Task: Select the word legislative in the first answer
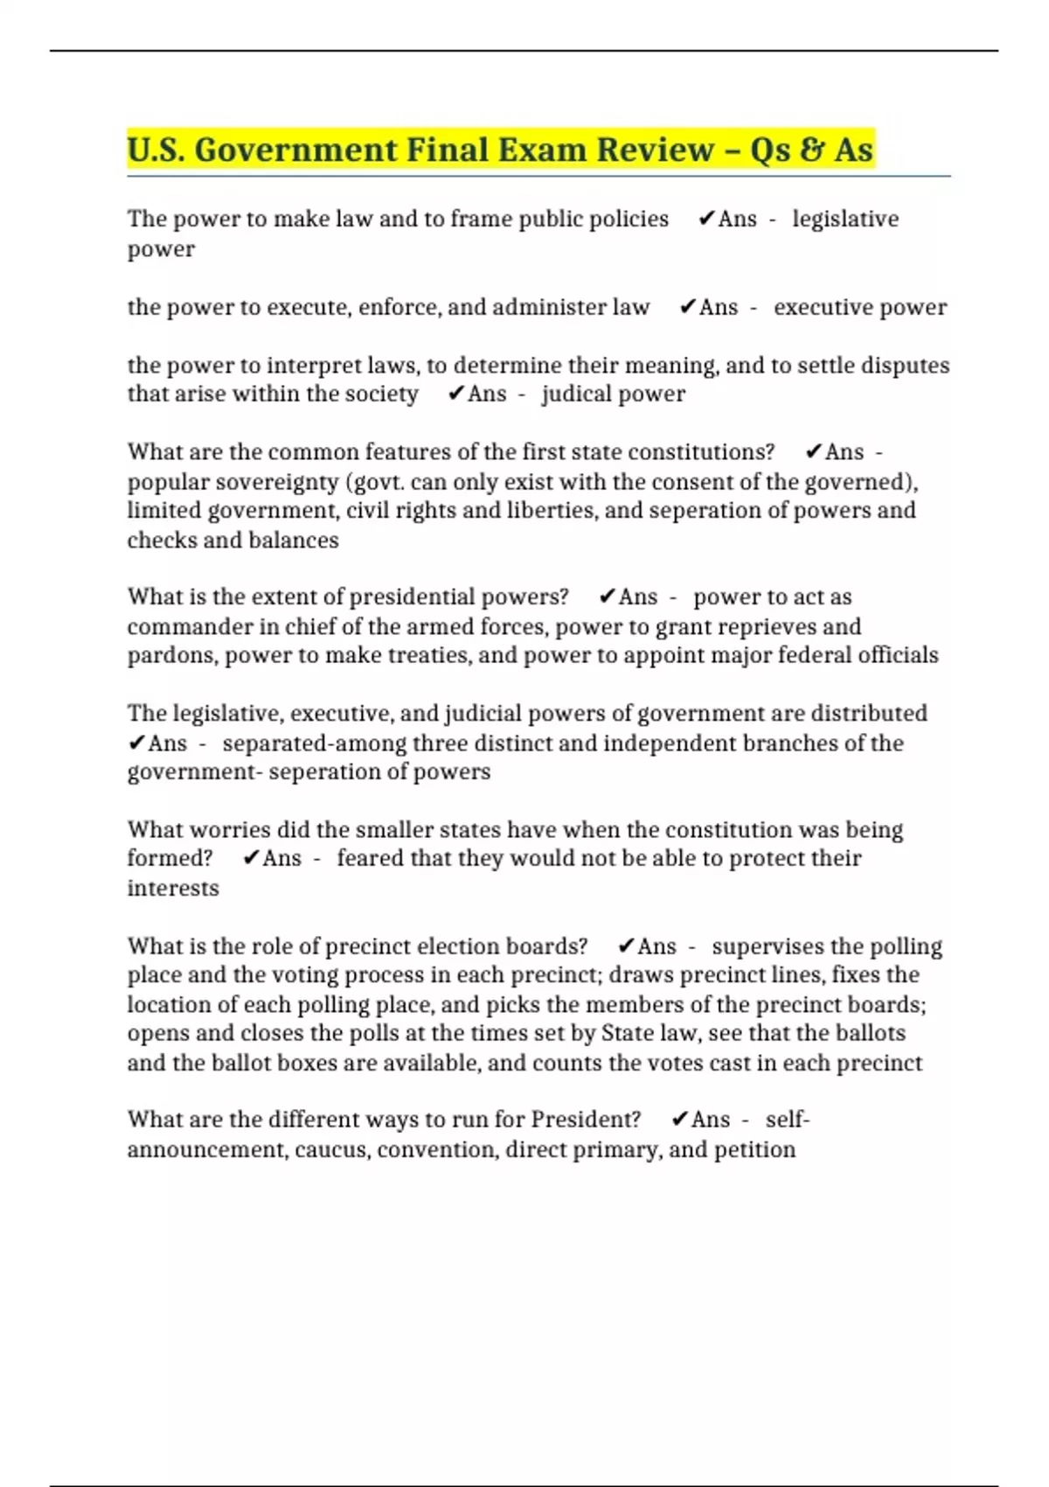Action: point(845,219)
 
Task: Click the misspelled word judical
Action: point(576,394)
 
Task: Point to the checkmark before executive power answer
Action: point(687,307)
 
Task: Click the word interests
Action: point(173,888)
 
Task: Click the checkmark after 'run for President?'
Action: point(679,1120)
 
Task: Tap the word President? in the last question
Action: point(586,1120)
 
